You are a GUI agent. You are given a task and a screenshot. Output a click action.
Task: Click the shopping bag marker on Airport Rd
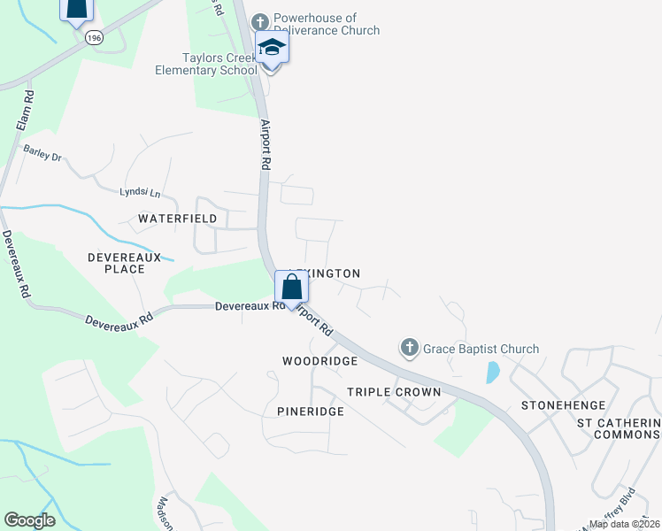(291, 288)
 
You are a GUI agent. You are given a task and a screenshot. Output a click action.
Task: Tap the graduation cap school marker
(272, 49)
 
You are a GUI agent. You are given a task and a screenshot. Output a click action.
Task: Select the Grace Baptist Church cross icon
(409, 349)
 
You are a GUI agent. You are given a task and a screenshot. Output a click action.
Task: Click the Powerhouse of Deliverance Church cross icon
(259, 21)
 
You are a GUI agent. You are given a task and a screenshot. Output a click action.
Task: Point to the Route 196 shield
(93, 38)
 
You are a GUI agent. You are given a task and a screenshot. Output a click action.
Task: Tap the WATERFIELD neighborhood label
(178, 218)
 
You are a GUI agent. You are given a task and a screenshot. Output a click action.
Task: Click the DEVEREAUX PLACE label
(124, 262)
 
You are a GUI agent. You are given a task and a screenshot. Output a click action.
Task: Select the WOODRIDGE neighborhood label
(319, 361)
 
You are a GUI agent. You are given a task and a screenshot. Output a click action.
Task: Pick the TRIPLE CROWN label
(394, 392)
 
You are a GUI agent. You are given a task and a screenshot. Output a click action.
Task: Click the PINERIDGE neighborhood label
(310, 412)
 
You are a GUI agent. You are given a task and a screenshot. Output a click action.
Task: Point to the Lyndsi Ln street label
(141, 192)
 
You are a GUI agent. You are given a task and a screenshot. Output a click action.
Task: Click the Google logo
(30, 520)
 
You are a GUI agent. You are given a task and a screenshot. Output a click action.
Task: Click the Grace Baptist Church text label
(481, 349)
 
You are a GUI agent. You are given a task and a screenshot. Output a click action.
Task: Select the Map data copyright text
(624, 524)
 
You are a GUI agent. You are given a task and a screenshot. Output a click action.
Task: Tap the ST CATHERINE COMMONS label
(619, 428)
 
